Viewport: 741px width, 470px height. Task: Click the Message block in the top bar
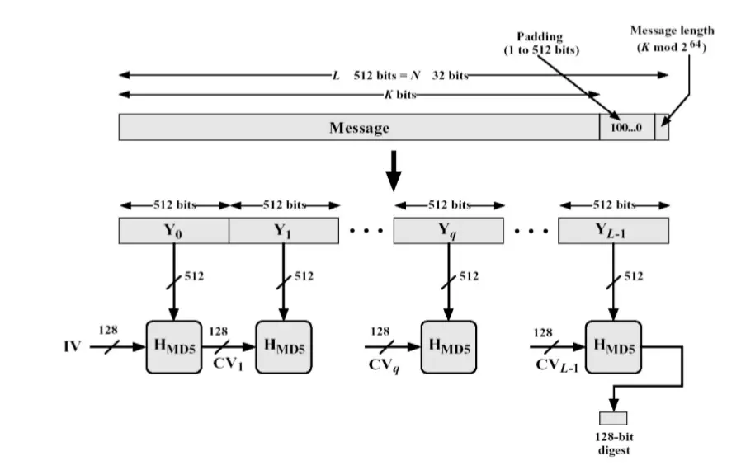(359, 128)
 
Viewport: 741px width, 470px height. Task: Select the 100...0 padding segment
(626, 128)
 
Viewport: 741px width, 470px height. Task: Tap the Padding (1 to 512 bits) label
(542, 44)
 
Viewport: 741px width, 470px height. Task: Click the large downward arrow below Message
(394, 170)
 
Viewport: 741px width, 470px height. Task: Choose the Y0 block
(173, 231)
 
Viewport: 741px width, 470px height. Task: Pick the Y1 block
(284, 231)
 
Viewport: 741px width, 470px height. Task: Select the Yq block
(448, 231)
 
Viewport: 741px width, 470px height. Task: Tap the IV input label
(73, 347)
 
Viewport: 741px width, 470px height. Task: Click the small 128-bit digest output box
(613, 416)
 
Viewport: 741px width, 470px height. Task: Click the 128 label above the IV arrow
(108, 330)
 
